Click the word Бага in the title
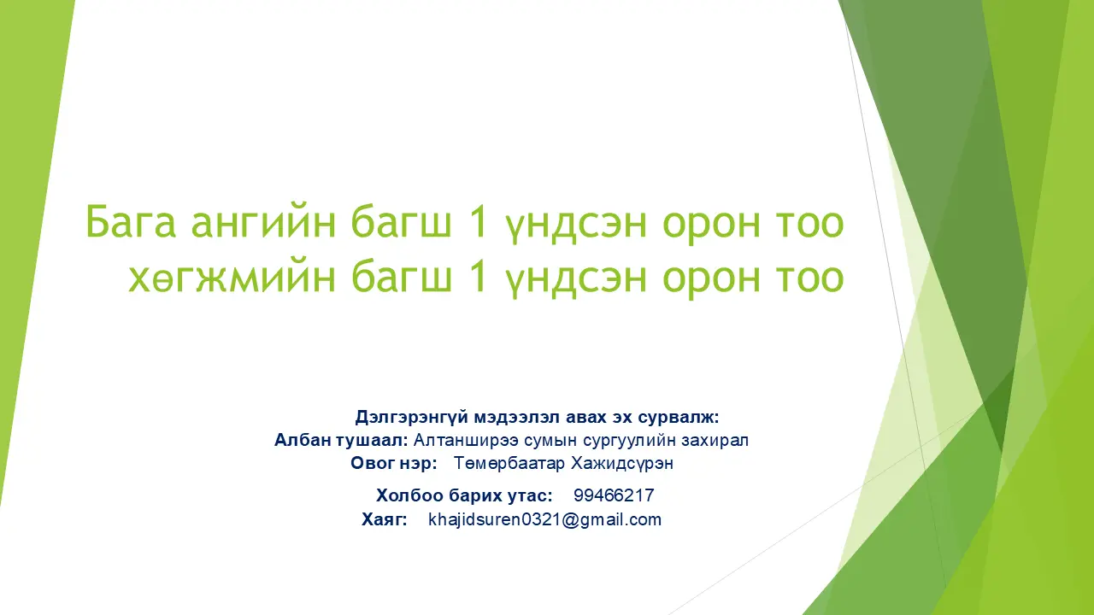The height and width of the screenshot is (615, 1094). [131, 222]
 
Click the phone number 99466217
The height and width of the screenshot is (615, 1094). [614, 495]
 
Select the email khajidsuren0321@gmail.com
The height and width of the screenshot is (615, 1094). [544, 520]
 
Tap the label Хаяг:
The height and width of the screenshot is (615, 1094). [385, 520]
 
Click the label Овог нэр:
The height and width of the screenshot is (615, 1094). [394, 463]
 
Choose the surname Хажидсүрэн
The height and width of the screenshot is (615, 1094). [622, 463]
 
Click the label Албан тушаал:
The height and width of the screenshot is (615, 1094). [341, 440]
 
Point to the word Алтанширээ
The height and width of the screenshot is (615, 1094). [466, 441]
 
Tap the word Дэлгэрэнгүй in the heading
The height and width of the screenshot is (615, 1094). [412, 418]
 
